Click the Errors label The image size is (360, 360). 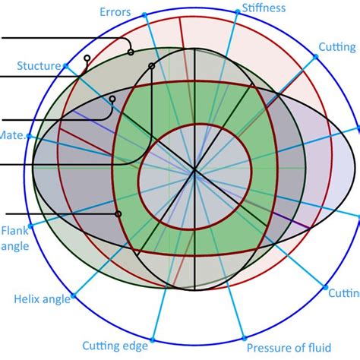[115, 11]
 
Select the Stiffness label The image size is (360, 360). [264, 8]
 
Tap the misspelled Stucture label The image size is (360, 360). [37, 66]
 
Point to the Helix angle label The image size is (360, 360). [43, 299]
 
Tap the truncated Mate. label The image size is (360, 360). [12, 135]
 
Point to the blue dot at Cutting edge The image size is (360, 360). [153, 339]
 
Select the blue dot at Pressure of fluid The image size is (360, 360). [242, 338]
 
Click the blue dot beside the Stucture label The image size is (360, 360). [67, 66]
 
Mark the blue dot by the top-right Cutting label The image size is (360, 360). [315, 56]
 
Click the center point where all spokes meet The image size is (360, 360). [195, 172]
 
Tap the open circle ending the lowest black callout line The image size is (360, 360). [118, 213]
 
